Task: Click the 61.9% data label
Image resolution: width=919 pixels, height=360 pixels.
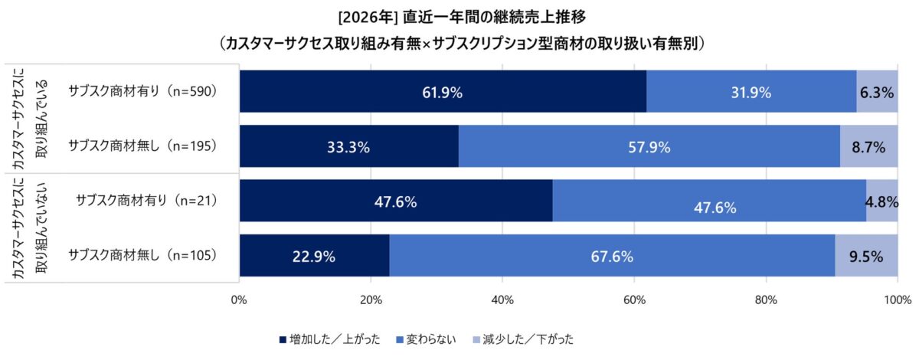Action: tap(442, 93)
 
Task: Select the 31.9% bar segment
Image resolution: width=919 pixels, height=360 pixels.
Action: tap(751, 92)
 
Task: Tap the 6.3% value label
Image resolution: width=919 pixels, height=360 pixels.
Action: tap(877, 93)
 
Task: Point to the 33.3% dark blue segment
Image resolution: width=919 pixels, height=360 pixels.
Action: tap(349, 146)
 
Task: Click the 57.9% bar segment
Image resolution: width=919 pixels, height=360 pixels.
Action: tap(649, 146)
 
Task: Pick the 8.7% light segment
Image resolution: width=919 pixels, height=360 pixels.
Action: tap(868, 146)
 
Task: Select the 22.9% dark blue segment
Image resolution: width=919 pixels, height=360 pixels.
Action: tap(314, 256)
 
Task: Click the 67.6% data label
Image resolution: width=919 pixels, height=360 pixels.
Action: tap(612, 257)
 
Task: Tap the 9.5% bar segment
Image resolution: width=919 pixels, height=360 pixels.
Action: tap(866, 256)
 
